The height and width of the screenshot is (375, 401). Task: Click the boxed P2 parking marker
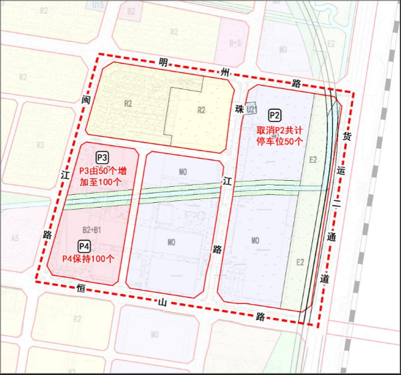(x=275, y=115)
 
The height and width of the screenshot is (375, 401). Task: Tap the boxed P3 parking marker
(x=102, y=157)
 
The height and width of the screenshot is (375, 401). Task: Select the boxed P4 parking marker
(x=84, y=245)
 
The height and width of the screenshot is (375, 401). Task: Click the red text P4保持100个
(x=88, y=258)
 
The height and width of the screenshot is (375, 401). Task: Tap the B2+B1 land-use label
(x=92, y=230)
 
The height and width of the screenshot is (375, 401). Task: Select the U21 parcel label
(x=251, y=108)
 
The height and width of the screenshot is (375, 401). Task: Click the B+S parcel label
(x=235, y=43)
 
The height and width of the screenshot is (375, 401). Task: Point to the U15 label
(x=98, y=5)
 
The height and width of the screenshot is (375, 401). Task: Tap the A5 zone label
(x=15, y=238)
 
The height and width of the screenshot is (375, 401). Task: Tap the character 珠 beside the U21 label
(x=237, y=108)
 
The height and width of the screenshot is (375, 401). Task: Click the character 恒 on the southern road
(x=81, y=289)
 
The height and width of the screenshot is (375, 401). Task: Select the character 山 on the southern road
(x=161, y=302)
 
